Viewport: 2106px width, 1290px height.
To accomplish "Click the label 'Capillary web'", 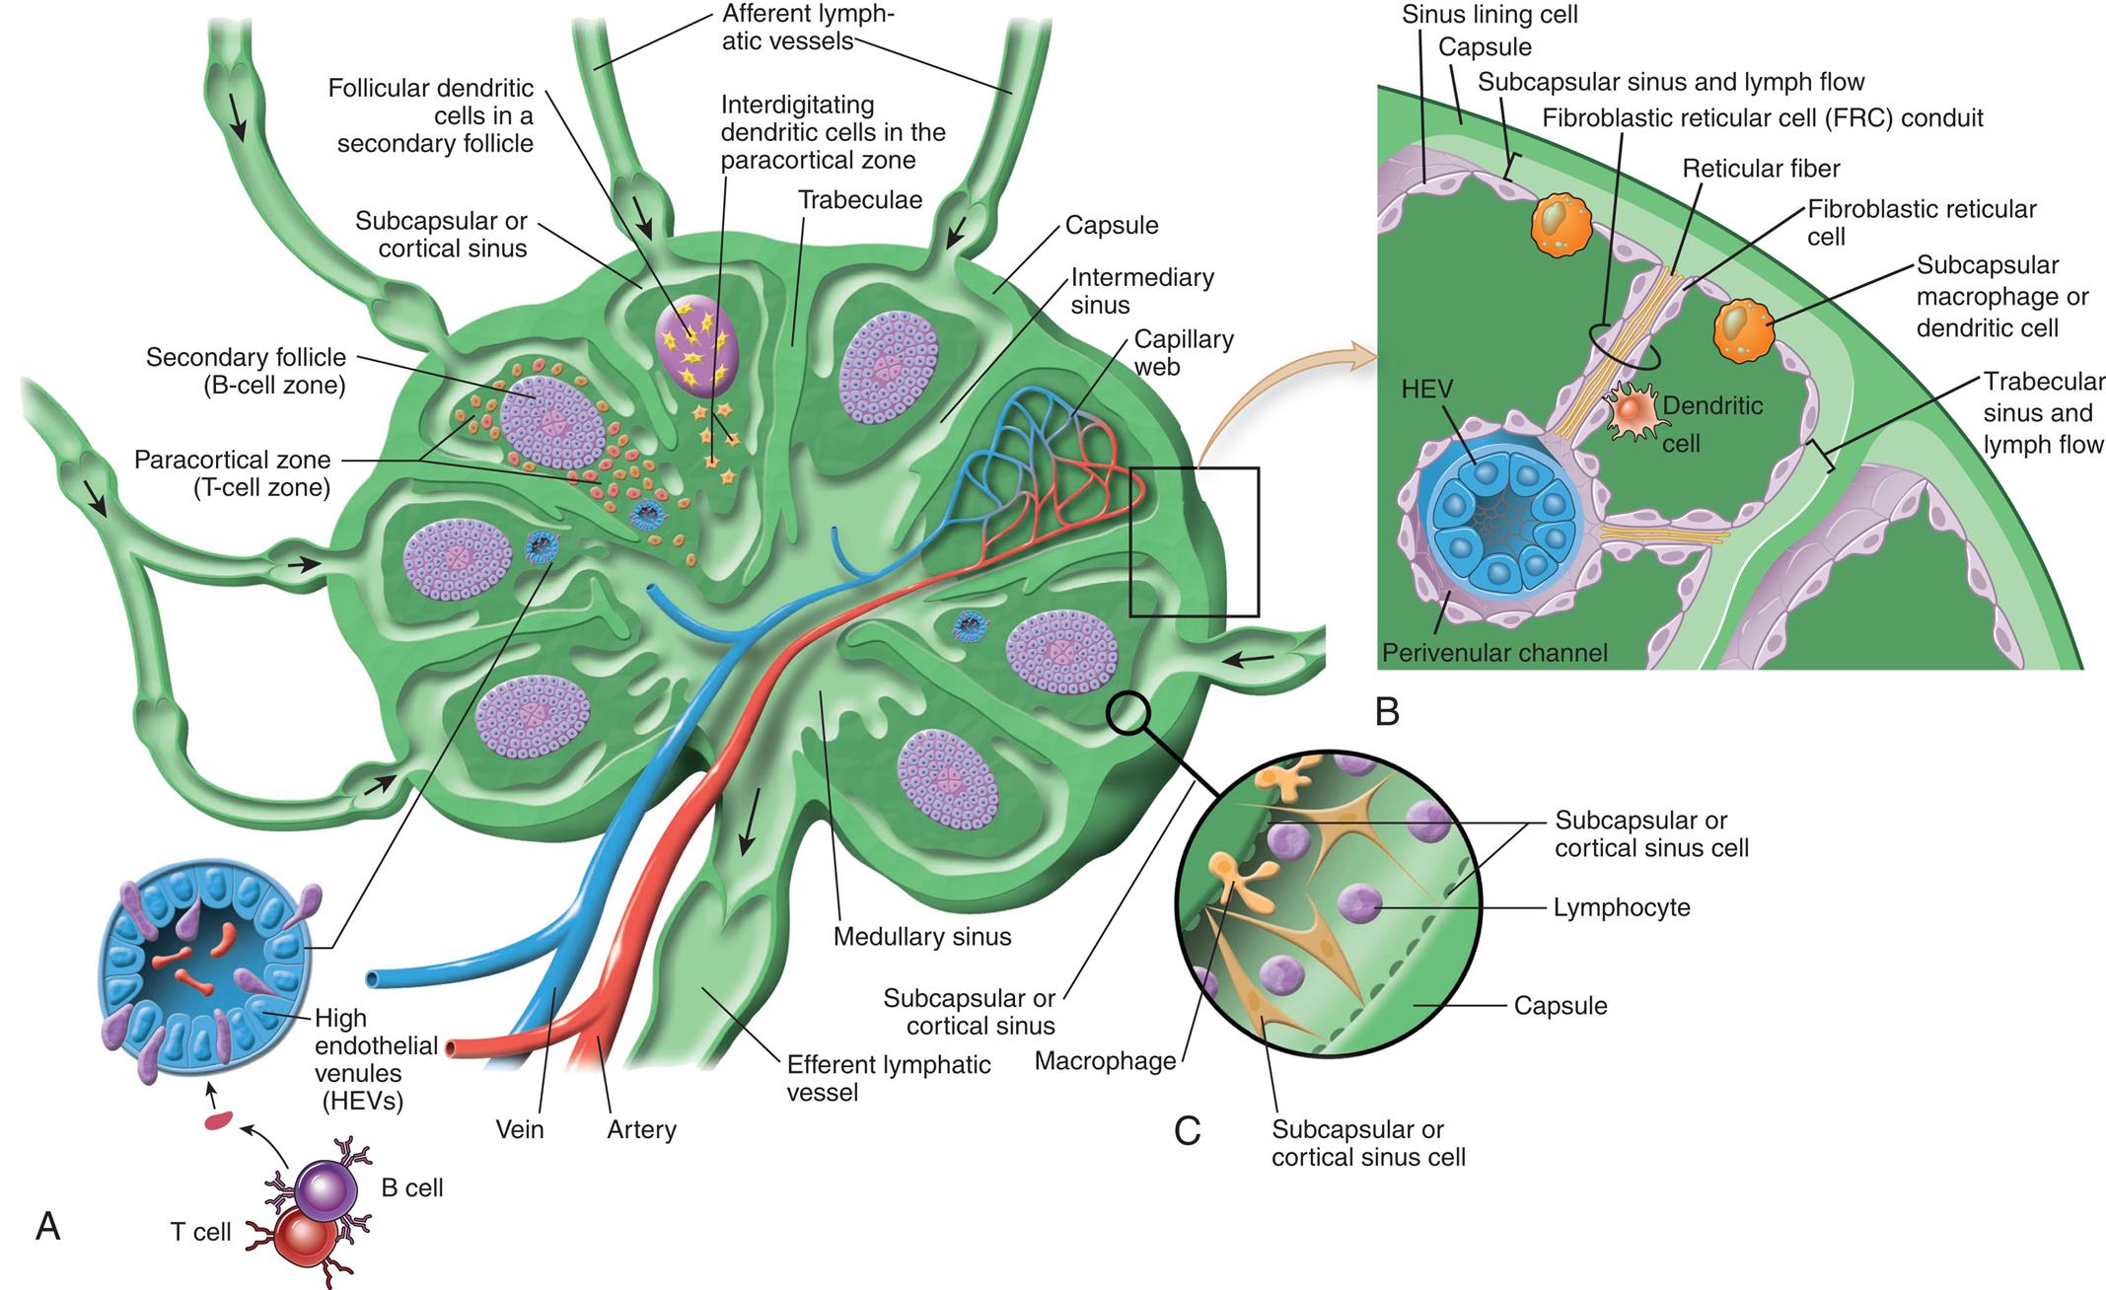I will pos(1183,353).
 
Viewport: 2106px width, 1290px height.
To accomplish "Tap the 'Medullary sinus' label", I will pos(921,936).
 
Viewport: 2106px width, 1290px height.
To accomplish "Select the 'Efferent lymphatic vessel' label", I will pos(888,1078).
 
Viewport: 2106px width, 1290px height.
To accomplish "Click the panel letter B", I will pos(1387,711).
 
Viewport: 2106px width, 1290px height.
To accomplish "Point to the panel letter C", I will pos(1187,1130).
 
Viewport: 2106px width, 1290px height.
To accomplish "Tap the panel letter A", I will pos(47,1226).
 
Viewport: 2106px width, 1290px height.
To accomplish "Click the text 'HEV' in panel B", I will pos(1426,390).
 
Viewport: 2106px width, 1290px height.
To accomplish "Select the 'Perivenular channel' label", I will pos(1493,652).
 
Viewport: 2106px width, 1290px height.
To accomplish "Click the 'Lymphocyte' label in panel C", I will pos(1621,907).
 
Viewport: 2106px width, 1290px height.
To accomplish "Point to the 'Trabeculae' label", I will pos(859,200).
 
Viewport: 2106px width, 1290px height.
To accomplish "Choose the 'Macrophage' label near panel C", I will pos(1105,1061).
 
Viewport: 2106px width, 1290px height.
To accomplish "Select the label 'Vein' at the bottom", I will pos(519,1129).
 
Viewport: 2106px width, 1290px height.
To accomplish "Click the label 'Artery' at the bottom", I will pos(641,1129).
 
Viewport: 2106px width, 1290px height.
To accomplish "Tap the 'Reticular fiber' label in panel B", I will pos(1760,169).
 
